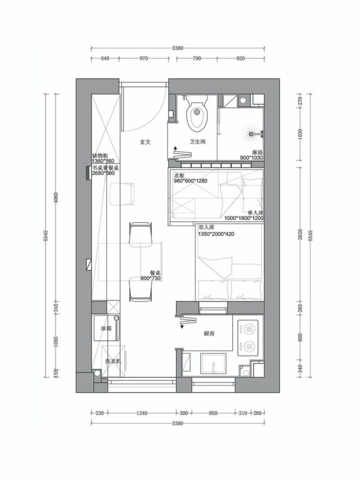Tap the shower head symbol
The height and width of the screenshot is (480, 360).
point(251,134)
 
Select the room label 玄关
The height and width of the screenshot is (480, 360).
point(145,142)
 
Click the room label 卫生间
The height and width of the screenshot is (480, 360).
point(197,142)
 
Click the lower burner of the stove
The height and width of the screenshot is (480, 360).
point(249,346)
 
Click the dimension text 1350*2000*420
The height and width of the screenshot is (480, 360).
point(216,234)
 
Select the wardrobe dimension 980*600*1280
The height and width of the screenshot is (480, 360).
point(190,181)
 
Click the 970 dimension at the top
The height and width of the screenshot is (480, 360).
point(144,58)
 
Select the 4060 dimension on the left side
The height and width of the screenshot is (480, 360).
point(56,198)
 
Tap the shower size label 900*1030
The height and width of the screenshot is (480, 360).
point(251,157)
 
